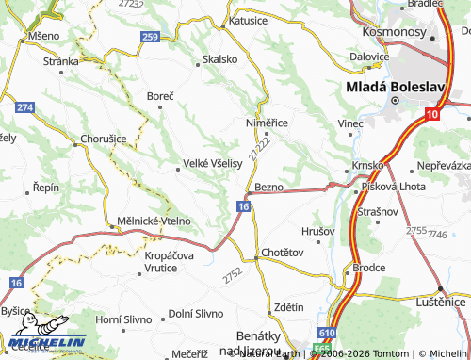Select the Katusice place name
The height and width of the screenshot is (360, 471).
click(x=249, y=19)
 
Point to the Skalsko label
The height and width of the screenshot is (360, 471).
click(x=219, y=59)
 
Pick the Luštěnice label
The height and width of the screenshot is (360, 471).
click(x=441, y=302)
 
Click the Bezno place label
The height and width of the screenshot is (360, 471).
click(x=269, y=188)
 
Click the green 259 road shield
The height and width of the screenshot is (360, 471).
click(x=149, y=37)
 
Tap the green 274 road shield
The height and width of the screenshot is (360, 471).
click(x=24, y=108)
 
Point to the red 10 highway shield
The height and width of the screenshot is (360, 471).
click(x=430, y=114)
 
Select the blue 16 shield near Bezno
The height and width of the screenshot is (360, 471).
click(x=243, y=206)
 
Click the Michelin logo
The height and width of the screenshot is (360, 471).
click(x=47, y=341)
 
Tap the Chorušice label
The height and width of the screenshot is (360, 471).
click(x=97, y=139)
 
